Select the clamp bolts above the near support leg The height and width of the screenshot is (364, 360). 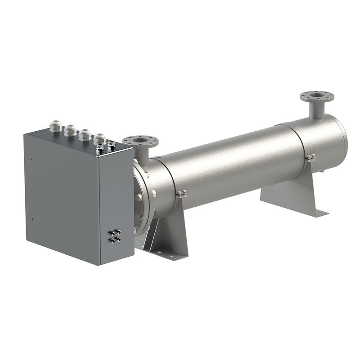pyautogui.click(x=181, y=194)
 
